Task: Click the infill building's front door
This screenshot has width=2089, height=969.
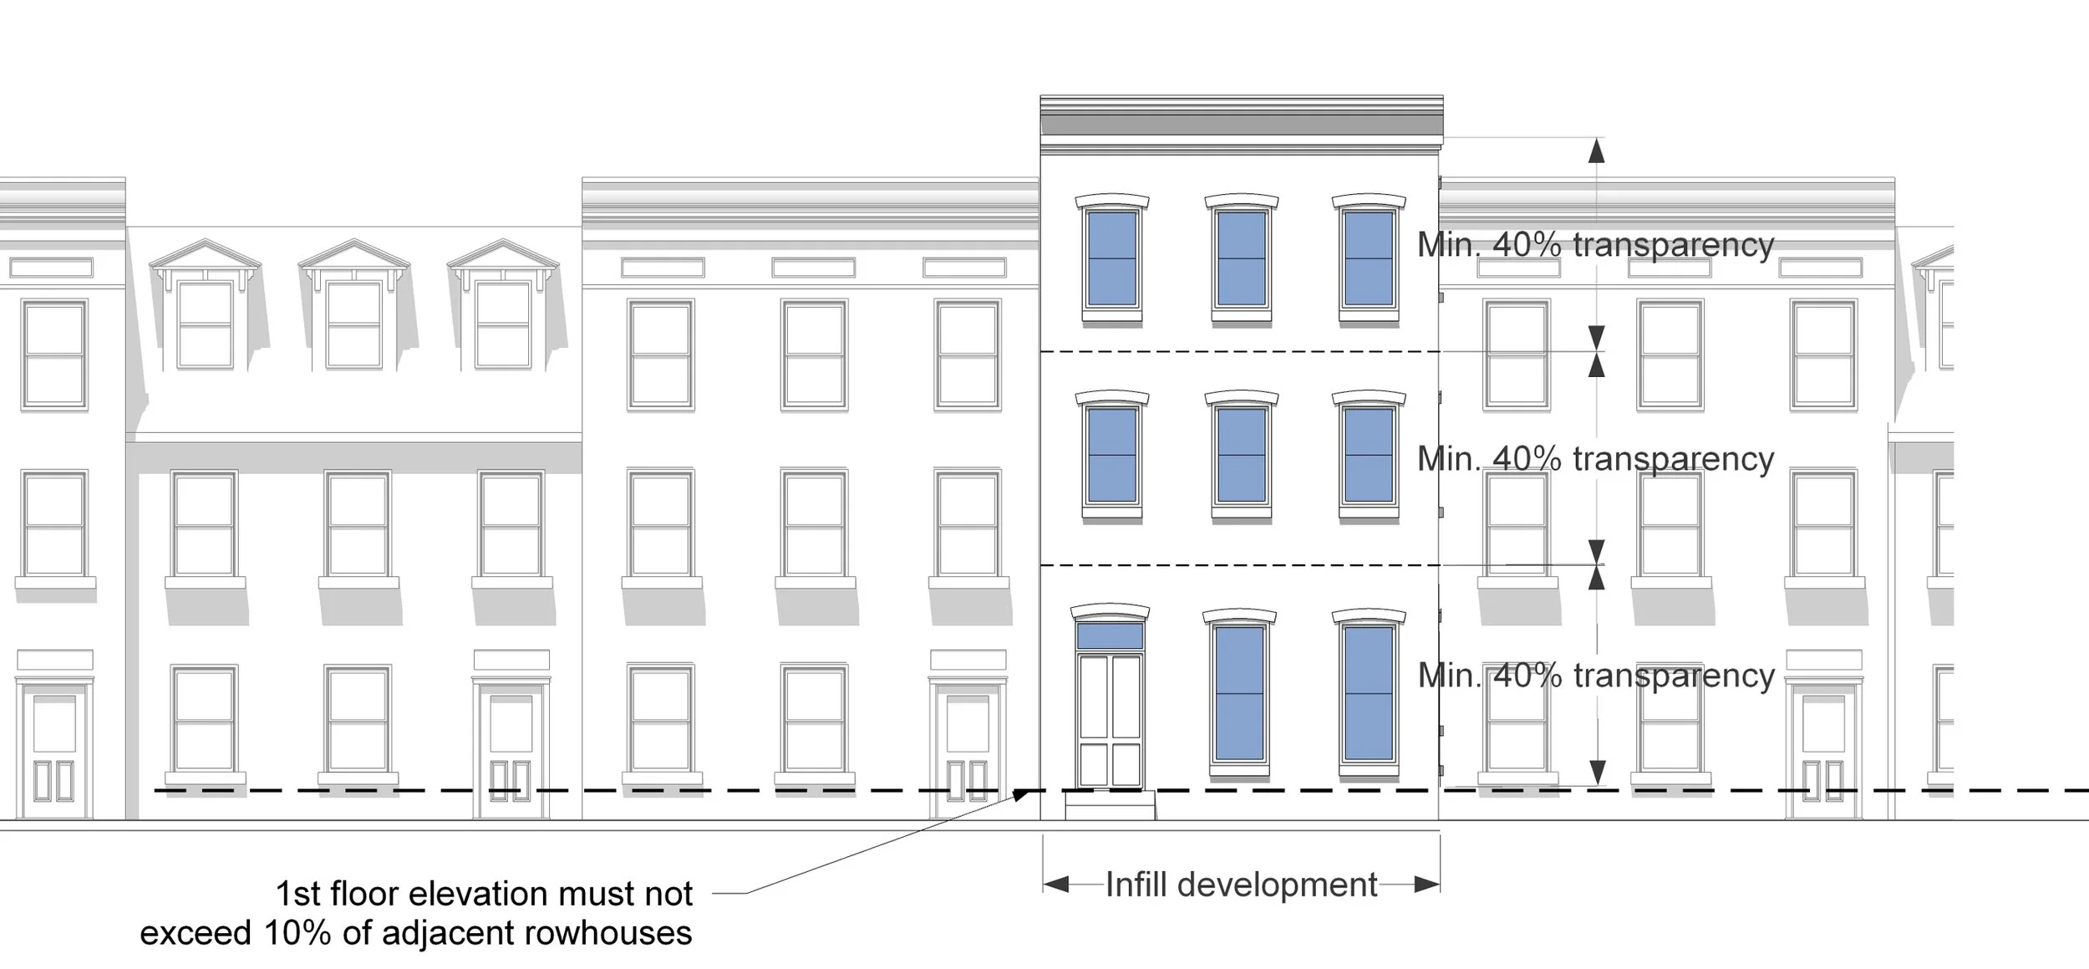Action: pyautogui.click(x=1110, y=719)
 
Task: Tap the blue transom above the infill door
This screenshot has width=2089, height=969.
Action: pyautogui.click(x=1110, y=636)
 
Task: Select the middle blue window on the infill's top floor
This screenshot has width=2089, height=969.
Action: pyautogui.click(x=1241, y=258)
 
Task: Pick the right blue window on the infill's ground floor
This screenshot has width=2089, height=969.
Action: pyautogui.click(x=1369, y=693)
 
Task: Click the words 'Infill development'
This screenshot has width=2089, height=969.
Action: pyautogui.click(x=1241, y=885)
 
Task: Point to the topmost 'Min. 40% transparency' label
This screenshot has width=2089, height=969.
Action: pyautogui.click(x=1595, y=245)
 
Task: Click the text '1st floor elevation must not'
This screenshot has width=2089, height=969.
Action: pyautogui.click(x=484, y=894)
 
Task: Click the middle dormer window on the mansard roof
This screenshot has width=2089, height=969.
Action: pyautogui.click(x=353, y=324)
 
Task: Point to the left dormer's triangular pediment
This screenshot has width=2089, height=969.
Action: pyautogui.click(x=205, y=254)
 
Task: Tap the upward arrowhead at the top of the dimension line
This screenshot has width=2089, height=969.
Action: pyautogui.click(x=1596, y=150)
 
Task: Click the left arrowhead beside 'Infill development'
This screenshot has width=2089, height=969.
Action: pyautogui.click(x=1056, y=885)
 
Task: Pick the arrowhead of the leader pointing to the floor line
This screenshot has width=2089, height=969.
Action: pyautogui.click(x=1022, y=794)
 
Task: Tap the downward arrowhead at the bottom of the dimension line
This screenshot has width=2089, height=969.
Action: pyautogui.click(x=1597, y=773)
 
